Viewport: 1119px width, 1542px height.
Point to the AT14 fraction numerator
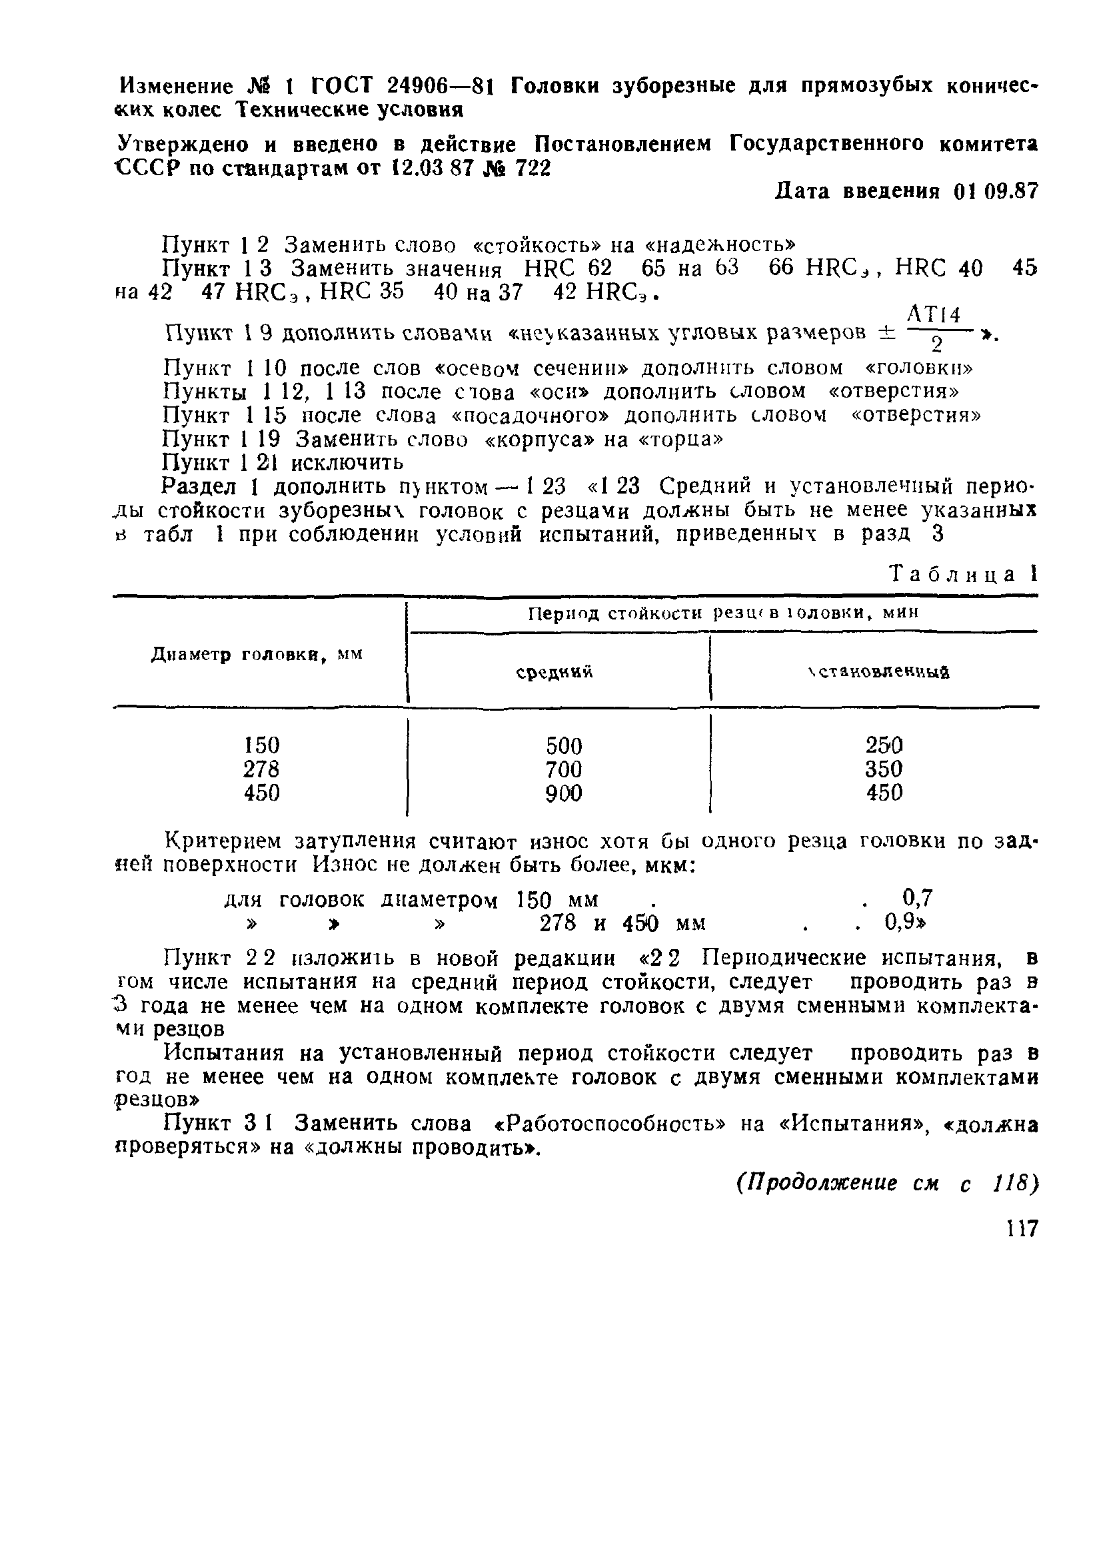click(934, 315)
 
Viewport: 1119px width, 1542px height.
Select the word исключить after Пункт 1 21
click(348, 463)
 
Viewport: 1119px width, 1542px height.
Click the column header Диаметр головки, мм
click(257, 655)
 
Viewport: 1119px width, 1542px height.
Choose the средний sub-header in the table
click(555, 672)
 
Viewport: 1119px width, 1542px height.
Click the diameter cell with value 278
click(261, 769)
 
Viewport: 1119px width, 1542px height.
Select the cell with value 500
click(564, 746)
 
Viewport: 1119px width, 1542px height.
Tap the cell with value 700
click(564, 769)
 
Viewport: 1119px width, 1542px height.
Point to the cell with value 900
click(564, 793)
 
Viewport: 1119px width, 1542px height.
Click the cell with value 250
click(884, 746)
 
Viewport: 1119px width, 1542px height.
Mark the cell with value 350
click(884, 769)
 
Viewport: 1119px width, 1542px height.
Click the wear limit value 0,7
click(918, 899)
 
